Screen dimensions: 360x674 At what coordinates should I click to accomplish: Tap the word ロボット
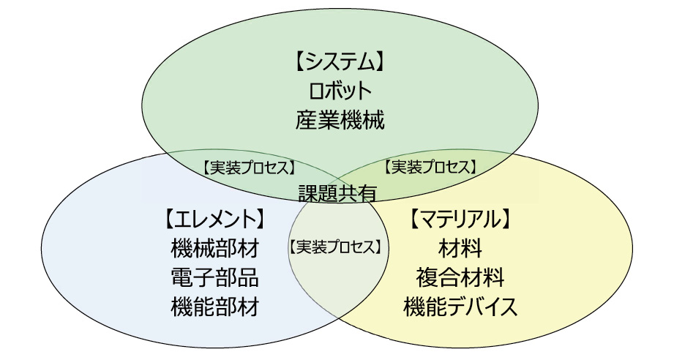pyautogui.click(x=340, y=90)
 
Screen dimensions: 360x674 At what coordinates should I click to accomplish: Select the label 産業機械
pyautogui.click(x=340, y=119)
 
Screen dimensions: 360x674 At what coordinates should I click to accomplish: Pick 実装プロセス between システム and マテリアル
pyautogui.click(x=430, y=167)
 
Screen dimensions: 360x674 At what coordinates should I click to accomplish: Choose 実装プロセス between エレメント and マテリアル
pyautogui.click(x=336, y=247)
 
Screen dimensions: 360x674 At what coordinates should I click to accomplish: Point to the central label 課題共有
pyautogui.click(x=338, y=193)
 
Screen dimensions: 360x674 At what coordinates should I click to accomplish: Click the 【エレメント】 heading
pyautogui.click(x=214, y=218)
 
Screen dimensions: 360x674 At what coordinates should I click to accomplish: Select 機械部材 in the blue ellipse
pyautogui.click(x=214, y=249)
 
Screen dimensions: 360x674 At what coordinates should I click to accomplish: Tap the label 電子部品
pyautogui.click(x=214, y=277)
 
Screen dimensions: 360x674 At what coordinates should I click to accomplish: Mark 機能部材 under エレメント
pyautogui.click(x=214, y=306)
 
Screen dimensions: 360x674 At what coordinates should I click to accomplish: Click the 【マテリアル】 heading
pyautogui.click(x=460, y=218)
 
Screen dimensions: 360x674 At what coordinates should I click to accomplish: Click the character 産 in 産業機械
pyautogui.click(x=307, y=119)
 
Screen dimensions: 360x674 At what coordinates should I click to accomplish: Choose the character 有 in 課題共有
pyautogui.click(x=368, y=193)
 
